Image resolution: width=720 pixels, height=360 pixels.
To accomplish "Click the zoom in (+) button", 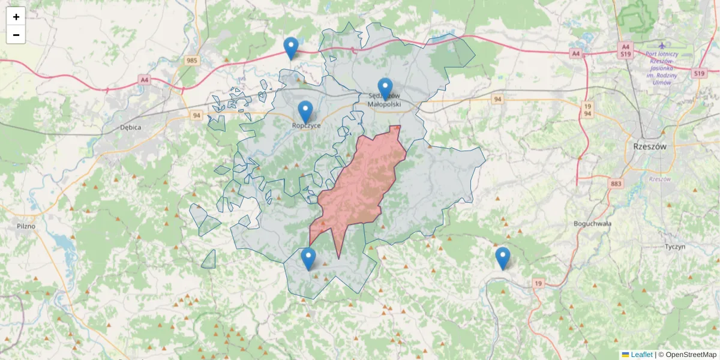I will [x=16, y=17].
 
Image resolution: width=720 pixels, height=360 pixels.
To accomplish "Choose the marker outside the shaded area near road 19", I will [x=502, y=258].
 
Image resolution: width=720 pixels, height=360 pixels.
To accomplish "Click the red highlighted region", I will [x=360, y=186].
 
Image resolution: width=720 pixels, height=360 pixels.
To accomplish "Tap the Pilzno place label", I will [x=26, y=226].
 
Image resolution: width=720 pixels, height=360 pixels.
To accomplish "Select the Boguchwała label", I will [x=592, y=223].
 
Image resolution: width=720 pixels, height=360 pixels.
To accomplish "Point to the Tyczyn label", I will [x=675, y=247].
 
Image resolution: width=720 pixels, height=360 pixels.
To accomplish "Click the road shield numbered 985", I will [x=192, y=60].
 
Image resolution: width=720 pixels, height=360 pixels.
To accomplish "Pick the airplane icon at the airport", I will [x=662, y=46].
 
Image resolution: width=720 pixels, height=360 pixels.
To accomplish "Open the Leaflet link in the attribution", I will [x=641, y=355].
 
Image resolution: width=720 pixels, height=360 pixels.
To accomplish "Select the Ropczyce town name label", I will [x=306, y=125].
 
